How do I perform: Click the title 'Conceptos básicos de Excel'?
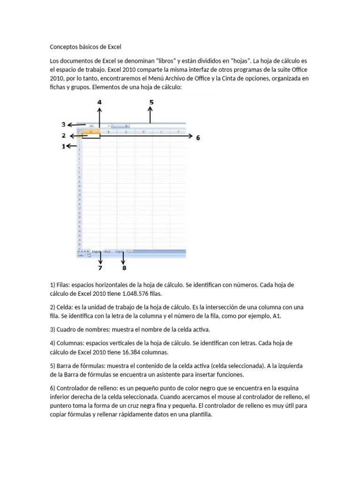(x=85, y=47)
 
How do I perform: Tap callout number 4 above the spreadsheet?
(x=99, y=101)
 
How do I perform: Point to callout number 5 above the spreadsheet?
(x=151, y=101)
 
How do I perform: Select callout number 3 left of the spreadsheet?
(x=63, y=124)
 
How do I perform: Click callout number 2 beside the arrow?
(x=63, y=135)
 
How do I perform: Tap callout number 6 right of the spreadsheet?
(x=198, y=138)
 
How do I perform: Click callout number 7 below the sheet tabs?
(x=99, y=268)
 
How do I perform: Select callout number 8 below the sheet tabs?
(x=124, y=268)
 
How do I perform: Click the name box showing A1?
(x=94, y=126)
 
